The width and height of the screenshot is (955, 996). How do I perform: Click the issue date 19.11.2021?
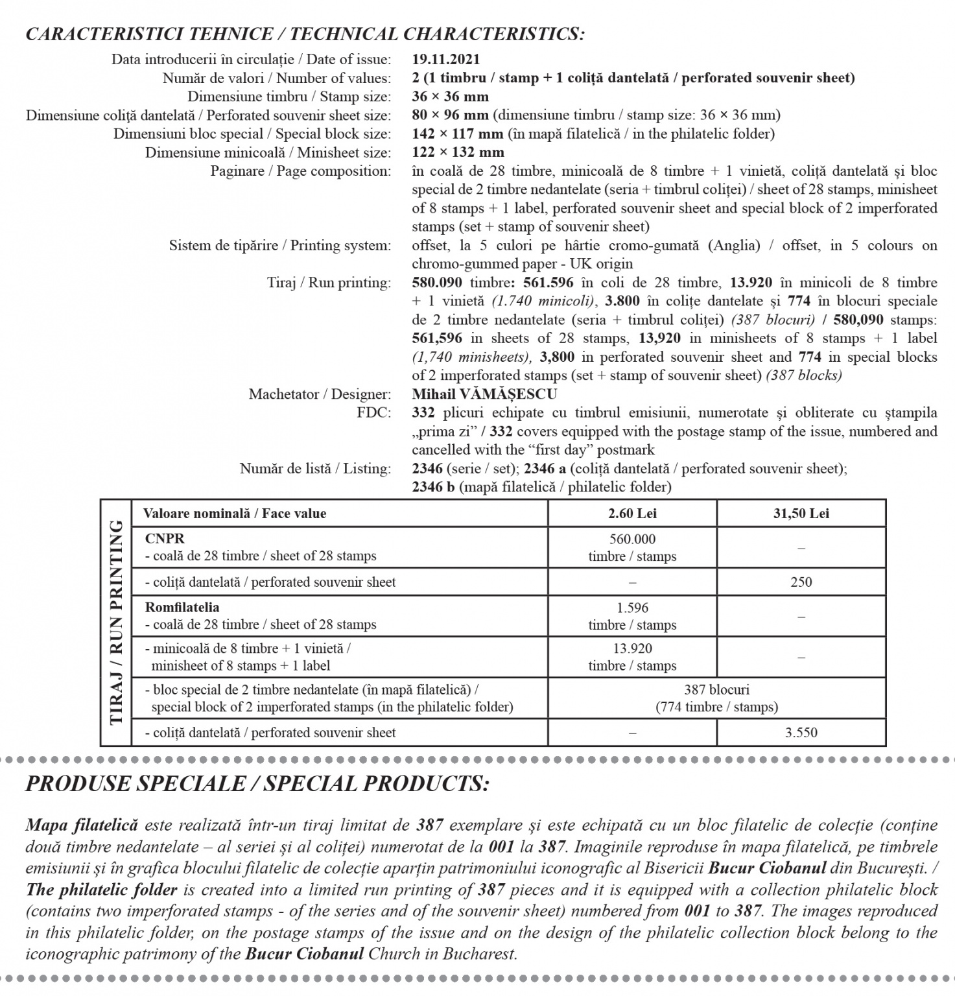pyautogui.click(x=446, y=60)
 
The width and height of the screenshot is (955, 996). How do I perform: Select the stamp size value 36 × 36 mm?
pyautogui.click(x=450, y=97)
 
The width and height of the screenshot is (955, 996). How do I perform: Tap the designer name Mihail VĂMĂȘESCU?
pyautogui.click(x=484, y=394)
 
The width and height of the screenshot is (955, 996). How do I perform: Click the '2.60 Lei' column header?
pyautogui.click(x=632, y=514)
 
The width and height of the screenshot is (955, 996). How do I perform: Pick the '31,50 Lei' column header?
pyautogui.click(x=801, y=514)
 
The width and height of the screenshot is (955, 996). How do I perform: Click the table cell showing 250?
pyautogui.click(x=801, y=582)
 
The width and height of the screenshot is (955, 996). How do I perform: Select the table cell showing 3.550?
pyautogui.click(x=801, y=733)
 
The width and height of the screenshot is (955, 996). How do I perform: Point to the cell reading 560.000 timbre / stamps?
pyautogui.click(x=632, y=547)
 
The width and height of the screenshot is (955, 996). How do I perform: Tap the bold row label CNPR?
pyautogui.click(x=165, y=539)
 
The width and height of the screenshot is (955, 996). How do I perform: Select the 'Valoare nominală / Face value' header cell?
pyautogui.click(x=235, y=514)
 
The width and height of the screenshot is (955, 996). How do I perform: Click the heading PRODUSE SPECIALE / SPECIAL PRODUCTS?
pyautogui.click(x=257, y=784)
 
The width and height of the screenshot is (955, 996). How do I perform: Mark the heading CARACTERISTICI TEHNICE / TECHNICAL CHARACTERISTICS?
pyautogui.click(x=305, y=34)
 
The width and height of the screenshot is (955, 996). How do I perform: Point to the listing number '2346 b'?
pyautogui.click(x=433, y=487)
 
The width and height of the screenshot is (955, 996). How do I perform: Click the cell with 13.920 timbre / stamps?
pyautogui.click(x=632, y=657)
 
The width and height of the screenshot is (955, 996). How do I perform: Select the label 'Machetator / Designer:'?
pyautogui.click(x=320, y=394)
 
